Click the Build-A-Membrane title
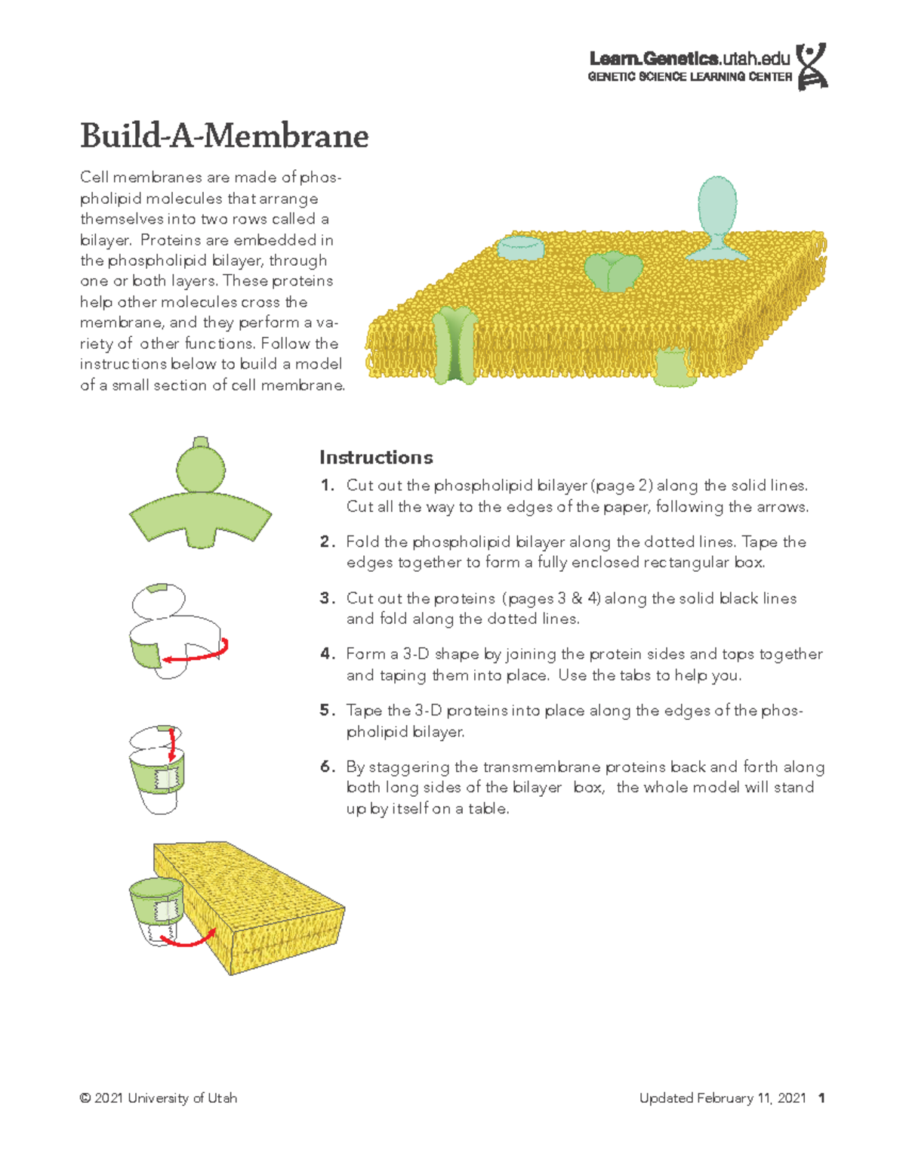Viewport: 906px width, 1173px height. pos(224,136)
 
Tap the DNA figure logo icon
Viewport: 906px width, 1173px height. pos(812,66)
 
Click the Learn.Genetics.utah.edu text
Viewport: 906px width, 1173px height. pos(689,58)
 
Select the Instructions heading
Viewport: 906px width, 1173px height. pos(376,458)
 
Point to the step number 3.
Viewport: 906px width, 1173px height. pos(325,598)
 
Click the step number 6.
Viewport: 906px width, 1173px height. pos(325,767)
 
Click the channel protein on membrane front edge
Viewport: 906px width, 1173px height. pos(455,344)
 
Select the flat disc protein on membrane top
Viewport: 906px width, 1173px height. pos(520,247)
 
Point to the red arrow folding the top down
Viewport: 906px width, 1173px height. pos(172,744)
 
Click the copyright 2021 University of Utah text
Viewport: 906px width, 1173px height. pos(159,1098)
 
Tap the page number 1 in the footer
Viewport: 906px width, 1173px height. pos(821,1098)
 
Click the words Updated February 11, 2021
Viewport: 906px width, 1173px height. pos(723,1098)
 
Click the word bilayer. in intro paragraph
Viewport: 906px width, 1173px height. pos(106,240)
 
